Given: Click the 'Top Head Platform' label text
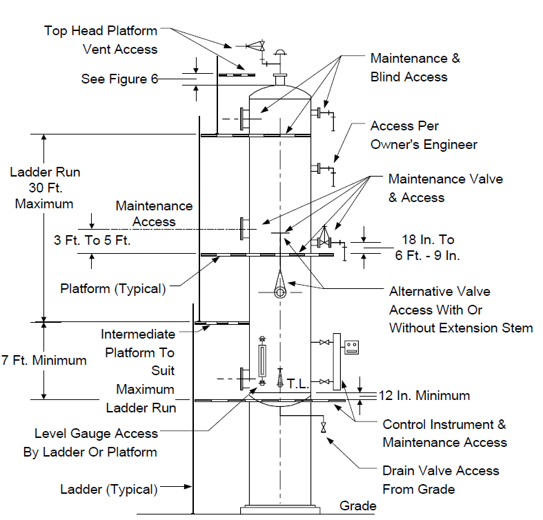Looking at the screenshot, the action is (101, 31).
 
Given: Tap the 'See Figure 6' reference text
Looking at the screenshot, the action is (119, 79).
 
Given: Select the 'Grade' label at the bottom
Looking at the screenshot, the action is (357, 506).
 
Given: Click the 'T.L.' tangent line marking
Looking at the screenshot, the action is (298, 383).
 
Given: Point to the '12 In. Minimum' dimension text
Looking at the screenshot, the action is (424, 395).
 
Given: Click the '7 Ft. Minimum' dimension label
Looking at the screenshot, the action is (44, 361).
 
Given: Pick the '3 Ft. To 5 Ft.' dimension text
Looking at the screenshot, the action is (92, 240).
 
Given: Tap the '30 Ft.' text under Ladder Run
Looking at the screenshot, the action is (46, 188).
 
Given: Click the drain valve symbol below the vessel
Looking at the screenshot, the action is (324, 427).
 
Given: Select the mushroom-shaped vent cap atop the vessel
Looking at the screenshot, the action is (280, 52).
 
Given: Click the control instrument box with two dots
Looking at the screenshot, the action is (351, 348).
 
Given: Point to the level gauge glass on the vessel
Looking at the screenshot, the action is (262, 361).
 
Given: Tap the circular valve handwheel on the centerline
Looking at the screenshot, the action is (280, 292).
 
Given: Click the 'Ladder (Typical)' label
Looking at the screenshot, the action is (109, 490).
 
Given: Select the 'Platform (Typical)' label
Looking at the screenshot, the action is (113, 289).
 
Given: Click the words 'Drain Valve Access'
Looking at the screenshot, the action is (441, 471).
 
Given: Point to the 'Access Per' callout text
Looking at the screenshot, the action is (404, 126).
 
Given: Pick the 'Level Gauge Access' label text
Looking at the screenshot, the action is (97, 434).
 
